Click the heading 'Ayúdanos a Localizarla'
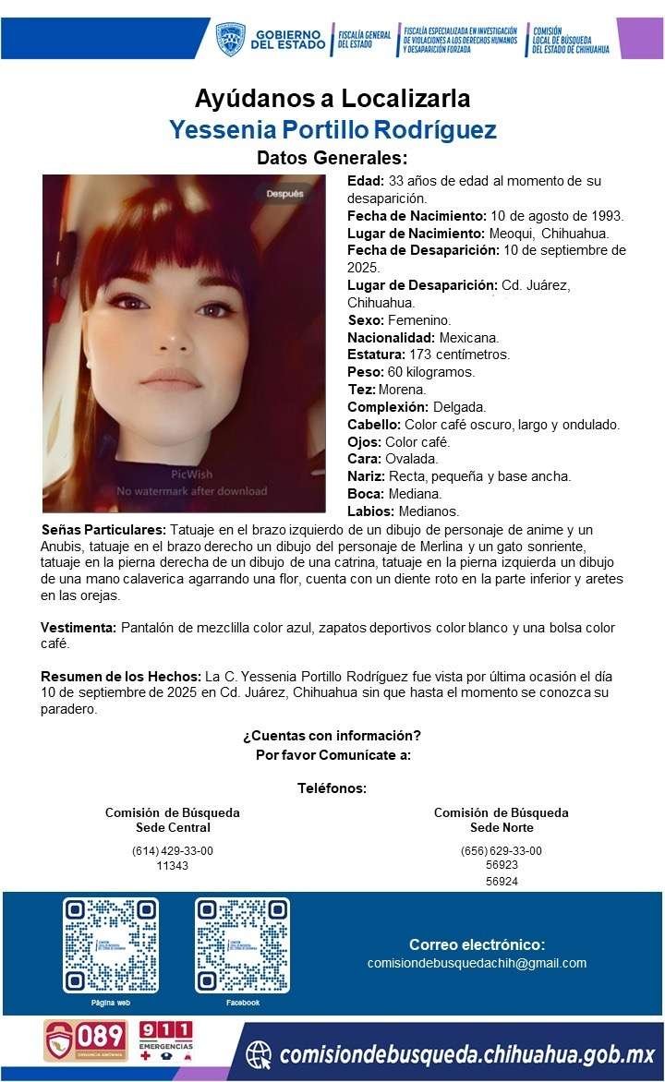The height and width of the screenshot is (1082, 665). point(332,98)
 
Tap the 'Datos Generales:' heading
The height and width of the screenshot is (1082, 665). point(332,158)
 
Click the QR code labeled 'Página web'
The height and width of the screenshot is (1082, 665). point(111,944)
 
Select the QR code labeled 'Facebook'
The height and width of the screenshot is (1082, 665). point(242,944)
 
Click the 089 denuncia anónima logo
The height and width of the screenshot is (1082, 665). point(86,1040)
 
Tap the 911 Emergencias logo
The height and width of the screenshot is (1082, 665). point(166,1040)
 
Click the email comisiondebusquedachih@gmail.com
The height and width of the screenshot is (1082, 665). point(477,963)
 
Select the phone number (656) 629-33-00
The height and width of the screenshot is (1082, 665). point(502,850)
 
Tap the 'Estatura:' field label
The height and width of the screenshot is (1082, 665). point(376,355)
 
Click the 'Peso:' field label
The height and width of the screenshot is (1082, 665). point(366,372)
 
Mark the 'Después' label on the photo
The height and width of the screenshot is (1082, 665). point(284,194)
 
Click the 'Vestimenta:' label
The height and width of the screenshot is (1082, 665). point(79,628)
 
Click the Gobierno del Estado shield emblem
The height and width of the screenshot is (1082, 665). point(230,39)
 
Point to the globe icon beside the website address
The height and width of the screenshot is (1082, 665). point(260,1053)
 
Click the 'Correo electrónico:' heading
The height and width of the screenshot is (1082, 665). point(477,944)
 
